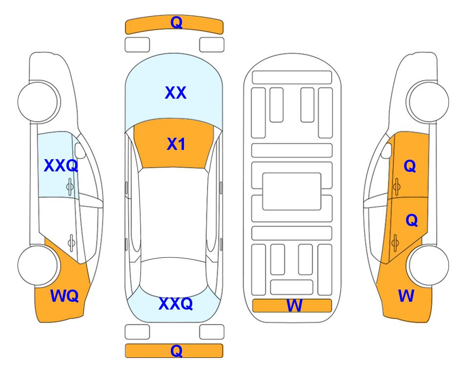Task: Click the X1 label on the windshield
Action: (176, 144)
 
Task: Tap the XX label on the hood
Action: (176, 93)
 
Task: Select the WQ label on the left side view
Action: (64, 296)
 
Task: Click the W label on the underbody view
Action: (294, 306)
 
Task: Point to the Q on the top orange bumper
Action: (177, 22)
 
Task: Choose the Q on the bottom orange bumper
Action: (177, 351)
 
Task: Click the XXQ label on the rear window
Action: (176, 304)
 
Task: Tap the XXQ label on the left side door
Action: (61, 166)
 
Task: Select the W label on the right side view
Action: (406, 296)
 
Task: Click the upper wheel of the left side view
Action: (38, 102)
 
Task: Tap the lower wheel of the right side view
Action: (429, 265)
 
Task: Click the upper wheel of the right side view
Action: (429, 102)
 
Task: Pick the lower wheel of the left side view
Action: (38, 265)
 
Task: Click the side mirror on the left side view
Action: (80, 150)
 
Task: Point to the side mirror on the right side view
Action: (387, 150)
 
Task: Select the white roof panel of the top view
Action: (174, 213)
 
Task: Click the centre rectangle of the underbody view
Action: (292, 191)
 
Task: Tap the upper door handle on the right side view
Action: (397, 187)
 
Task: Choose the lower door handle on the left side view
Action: (71, 243)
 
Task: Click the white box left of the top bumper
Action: (137, 45)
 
